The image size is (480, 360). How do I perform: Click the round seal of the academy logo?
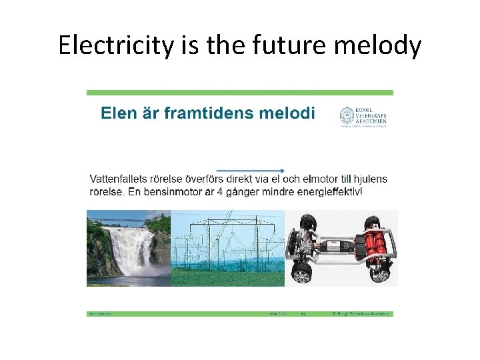(x=347, y=116)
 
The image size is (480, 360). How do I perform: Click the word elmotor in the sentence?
(x=313, y=179)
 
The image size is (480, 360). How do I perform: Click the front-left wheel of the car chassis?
(x=302, y=272)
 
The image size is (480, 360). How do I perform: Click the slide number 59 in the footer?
(x=303, y=313)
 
